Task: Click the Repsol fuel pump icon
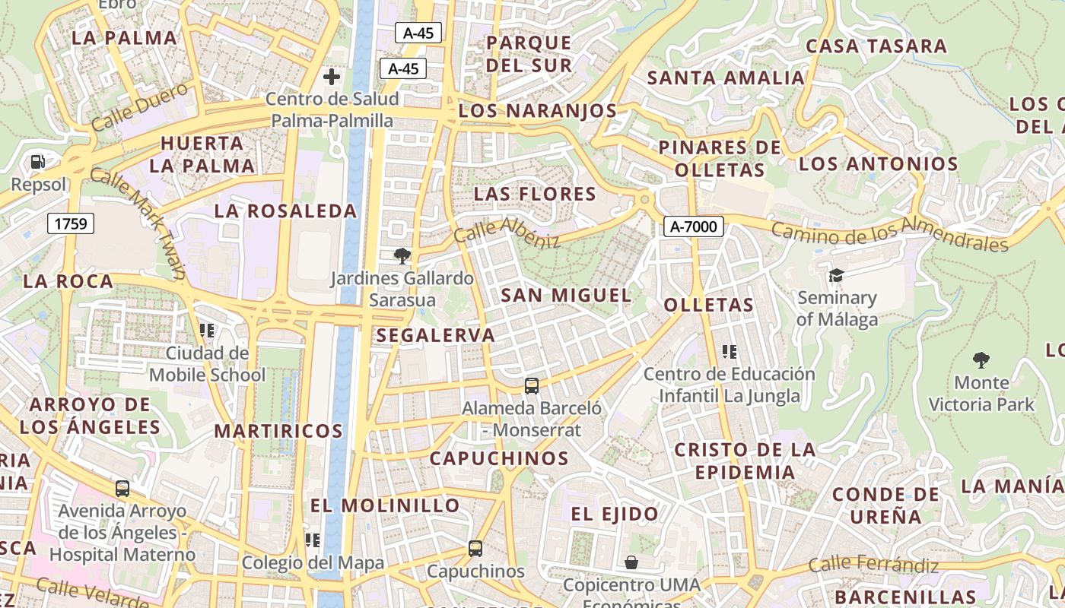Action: pos(37,162)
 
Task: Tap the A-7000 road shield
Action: pos(693,226)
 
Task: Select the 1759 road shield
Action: pos(71,223)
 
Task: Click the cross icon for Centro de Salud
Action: pos(332,77)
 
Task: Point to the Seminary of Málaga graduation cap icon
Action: pos(837,275)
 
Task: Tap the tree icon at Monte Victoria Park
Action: pos(981,359)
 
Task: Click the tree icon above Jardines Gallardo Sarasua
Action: pos(402,256)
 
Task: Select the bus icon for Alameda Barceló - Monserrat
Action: pos(532,386)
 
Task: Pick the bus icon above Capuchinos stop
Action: pos(475,548)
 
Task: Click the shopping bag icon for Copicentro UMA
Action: pos(631,562)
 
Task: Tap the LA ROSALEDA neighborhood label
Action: pos(285,211)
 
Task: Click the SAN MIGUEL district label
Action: pos(567,295)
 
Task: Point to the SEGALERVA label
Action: pos(436,335)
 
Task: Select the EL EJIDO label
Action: pos(615,514)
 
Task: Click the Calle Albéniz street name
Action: pos(507,232)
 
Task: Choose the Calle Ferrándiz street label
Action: pos(873,565)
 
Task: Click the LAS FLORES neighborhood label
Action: pos(535,194)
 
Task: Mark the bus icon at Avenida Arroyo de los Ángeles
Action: pos(122,489)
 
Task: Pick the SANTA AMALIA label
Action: pos(725,78)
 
